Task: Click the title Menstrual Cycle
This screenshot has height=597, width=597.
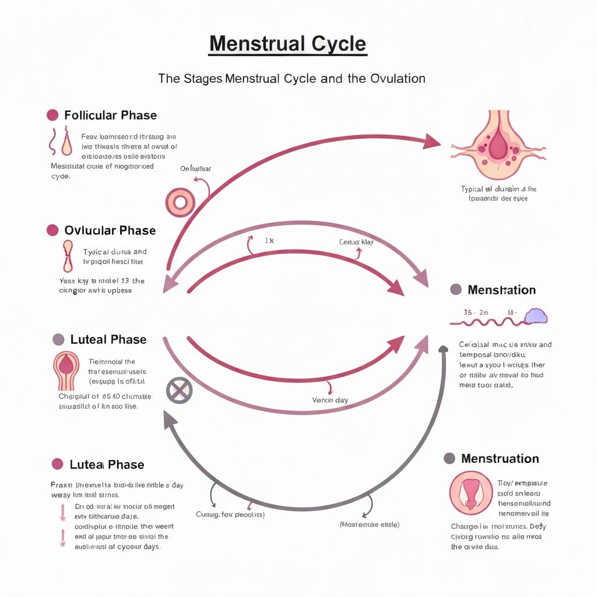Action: pyautogui.click(x=287, y=44)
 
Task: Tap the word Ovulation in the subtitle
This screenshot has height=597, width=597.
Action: pyautogui.click(x=398, y=78)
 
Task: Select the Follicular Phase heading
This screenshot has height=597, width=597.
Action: pyautogui.click(x=110, y=115)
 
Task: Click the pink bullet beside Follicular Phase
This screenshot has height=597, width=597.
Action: pyautogui.click(x=52, y=115)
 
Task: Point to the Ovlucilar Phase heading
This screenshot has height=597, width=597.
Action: pyautogui.click(x=110, y=230)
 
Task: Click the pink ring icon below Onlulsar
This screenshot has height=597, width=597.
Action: pyautogui.click(x=180, y=202)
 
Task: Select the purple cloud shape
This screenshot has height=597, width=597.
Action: pyautogui.click(x=536, y=316)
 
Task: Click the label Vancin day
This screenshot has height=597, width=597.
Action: pyautogui.click(x=331, y=401)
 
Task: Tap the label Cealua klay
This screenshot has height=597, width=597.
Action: pyautogui.click(x=356, y=241)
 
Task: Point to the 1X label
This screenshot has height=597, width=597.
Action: pyautogui.click(x=269, y=240)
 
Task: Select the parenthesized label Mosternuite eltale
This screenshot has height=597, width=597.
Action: pyautogui.click(x=369, y=525)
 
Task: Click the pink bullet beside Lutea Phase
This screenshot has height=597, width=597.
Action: pyautogui.click(x=57, y=464)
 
